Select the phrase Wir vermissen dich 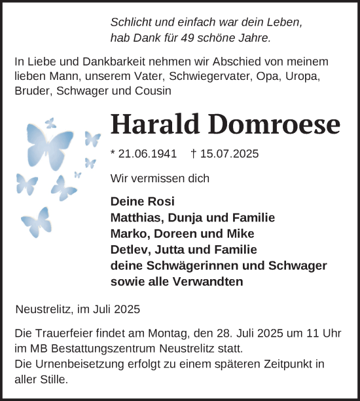point(160,178)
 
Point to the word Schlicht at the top point(132,22)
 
